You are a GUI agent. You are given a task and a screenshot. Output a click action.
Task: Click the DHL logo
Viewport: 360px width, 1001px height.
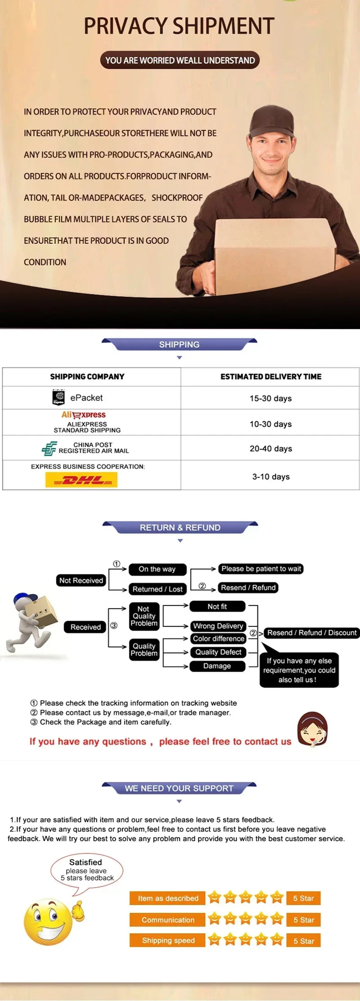click(81, 480)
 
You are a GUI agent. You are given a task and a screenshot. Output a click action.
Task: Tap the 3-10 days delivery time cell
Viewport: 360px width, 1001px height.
click(271, 477)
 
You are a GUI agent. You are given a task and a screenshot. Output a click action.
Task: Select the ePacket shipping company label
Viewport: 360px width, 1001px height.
click(86, 398)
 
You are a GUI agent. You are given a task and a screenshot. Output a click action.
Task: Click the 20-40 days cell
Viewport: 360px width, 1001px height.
click(271, 449)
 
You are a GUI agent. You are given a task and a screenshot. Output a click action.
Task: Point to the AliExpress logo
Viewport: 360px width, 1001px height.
click(84, 415)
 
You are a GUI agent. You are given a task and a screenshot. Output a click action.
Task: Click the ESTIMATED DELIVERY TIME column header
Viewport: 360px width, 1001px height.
click(271, 377)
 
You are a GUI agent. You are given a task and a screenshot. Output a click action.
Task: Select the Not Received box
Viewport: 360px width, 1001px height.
click(81, 581)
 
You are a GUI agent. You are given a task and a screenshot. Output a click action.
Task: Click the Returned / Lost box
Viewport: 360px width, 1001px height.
click(157, 589)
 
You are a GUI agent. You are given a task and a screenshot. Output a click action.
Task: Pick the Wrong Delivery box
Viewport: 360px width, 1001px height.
click(218, 626)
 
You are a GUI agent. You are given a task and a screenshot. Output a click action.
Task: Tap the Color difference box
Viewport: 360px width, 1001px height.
click(219, 639)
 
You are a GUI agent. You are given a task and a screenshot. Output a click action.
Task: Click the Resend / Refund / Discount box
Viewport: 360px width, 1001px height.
click(312, 633)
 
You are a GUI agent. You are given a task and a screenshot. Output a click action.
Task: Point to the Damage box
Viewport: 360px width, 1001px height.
click(217, 666)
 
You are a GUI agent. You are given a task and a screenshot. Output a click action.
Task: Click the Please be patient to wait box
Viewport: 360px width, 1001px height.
click(261, 569)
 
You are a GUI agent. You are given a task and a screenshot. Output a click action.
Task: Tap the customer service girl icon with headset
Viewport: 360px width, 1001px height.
click(312, 729)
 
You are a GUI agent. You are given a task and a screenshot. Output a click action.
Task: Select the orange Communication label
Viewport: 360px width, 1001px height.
click(167, 920)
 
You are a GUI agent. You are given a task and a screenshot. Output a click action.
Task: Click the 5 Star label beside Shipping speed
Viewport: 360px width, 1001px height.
click(304, 941)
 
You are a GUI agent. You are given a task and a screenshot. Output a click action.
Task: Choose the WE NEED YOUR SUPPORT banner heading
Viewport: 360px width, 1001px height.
click(179, 789)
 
